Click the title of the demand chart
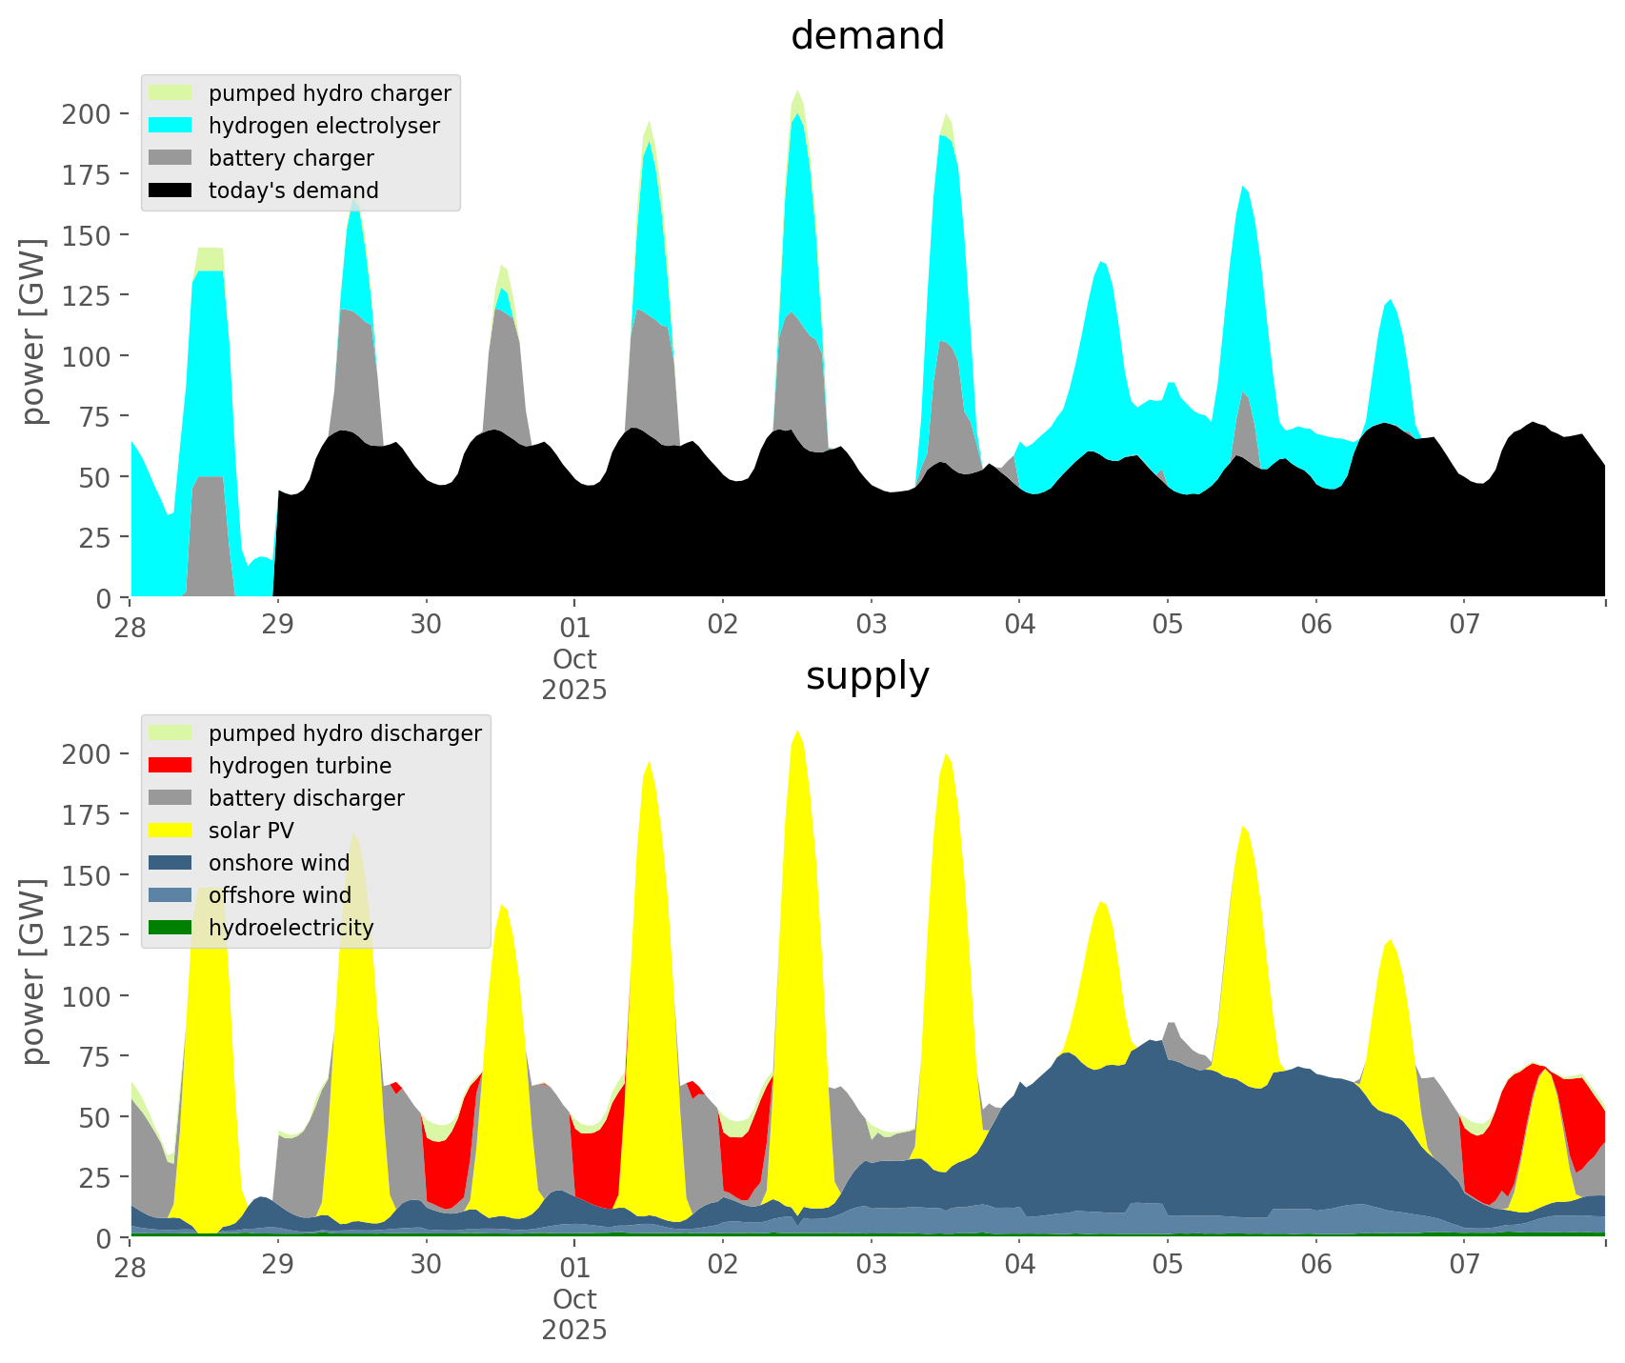coord(867,36)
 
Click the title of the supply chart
coord(867,676)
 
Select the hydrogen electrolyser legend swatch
coord(171,126)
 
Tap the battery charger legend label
coord(291,158)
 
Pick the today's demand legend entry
coord(292,190)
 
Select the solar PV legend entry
coord(251,831)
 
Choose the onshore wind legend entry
coord(278,863)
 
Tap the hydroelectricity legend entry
coord(291,928)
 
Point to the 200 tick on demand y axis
coord(86,114)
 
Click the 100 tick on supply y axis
coord(86,996)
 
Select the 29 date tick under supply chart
coord(278,1266)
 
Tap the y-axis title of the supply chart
coord(33,972)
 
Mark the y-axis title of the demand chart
coord(33,331)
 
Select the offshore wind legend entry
coord(279,895)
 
